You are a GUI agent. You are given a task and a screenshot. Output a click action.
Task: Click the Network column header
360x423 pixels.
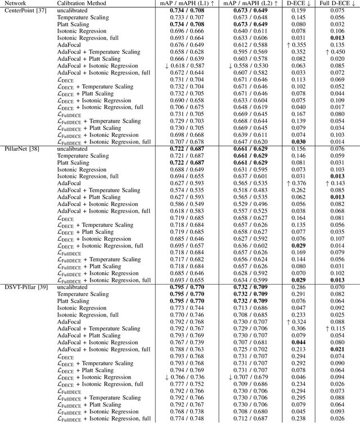click(16, 3)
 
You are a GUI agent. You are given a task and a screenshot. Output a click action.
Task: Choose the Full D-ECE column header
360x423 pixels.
click(336, 3)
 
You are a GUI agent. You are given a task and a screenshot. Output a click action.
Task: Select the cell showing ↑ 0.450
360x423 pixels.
click(336, 52)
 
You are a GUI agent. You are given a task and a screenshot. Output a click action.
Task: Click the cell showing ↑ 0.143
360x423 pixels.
click(336, 183)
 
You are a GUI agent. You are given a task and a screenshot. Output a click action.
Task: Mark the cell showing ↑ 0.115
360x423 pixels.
click(336, 329)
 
